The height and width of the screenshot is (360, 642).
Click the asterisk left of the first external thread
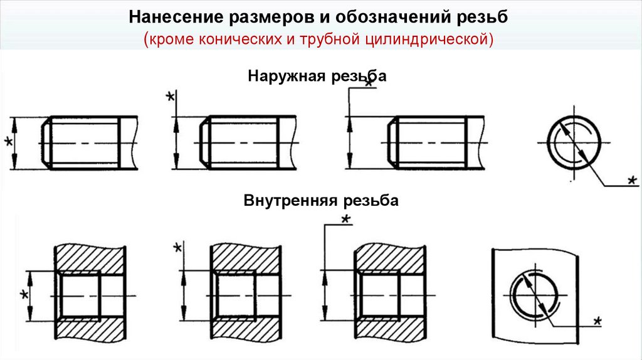8,142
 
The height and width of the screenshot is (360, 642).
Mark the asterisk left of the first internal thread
24,294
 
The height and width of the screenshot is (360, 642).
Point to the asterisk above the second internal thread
177,247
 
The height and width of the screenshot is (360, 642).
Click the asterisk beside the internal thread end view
597,320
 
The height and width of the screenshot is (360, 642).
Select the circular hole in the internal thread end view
534,294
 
